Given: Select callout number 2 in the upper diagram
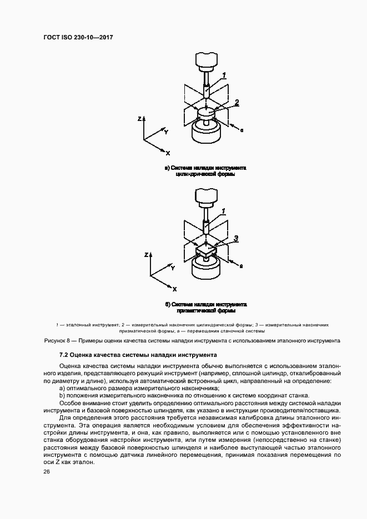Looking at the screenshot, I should pos(237,102).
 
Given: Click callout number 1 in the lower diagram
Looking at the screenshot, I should pos(224,211).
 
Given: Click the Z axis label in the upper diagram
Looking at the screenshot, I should pos(140,118).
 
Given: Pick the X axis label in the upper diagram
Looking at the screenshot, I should pos(168,153).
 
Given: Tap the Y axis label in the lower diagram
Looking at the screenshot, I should pos(173,268).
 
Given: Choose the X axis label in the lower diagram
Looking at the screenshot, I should pos(174,289).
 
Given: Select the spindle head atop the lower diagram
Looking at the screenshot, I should pos(205,196).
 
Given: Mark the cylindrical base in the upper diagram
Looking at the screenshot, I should pos(205,132).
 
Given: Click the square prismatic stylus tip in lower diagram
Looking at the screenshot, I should pos(205,252).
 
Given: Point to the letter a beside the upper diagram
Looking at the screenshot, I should pos(243,129).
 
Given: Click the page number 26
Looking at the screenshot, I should pos(46,471).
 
